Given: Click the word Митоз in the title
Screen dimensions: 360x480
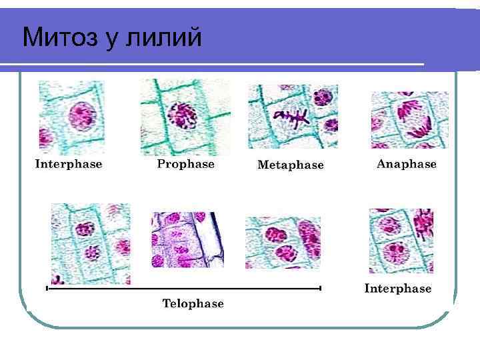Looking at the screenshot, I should (x=59, y=37).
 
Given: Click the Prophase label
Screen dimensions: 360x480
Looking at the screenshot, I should (x=186, y=163).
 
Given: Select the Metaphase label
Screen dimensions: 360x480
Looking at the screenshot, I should (x=291, y=165).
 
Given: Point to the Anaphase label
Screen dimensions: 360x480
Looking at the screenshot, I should (x=407, y=163).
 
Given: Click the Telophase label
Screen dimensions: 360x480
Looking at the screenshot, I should (x=193, y=303).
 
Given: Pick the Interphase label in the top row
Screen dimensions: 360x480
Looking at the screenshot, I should (x=69, y=163).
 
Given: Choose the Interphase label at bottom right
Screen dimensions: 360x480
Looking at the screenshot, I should (x=398, y=289).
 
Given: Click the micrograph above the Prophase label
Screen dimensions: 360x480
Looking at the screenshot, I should (x=185, y=117).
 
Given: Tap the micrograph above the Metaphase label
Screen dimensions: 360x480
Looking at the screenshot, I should (x=293, y=116).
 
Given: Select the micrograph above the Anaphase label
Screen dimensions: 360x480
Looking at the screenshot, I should (x=409, y=119).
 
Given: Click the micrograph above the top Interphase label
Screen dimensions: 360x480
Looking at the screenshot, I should (x=71, y=117).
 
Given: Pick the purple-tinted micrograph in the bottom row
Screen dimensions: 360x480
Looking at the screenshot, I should (x=187, y=239).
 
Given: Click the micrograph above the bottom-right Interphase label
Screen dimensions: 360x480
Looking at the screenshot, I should (x=401, y=241).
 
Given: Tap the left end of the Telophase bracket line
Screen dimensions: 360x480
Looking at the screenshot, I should (x=47, y=289).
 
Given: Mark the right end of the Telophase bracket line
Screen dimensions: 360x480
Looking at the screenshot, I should (x=321, y=288).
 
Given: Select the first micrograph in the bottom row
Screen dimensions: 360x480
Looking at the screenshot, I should (x=91, y=243).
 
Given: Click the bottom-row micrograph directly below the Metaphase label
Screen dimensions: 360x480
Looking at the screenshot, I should (x=283, y=242).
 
